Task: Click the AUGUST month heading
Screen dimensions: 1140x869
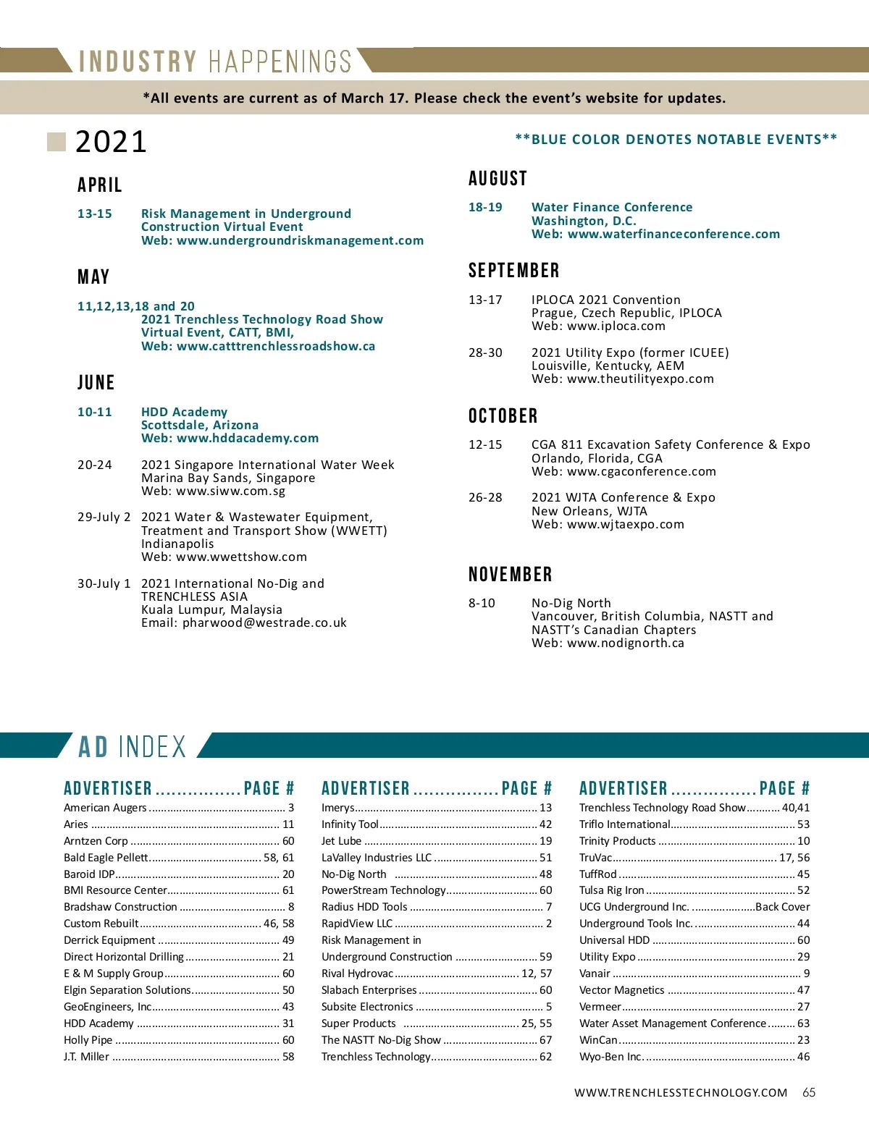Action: [498, 179]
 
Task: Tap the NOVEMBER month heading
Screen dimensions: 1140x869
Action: [510, 575]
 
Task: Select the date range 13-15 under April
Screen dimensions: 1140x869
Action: [95, 214]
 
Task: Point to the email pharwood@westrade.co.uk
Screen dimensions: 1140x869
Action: [264, 622]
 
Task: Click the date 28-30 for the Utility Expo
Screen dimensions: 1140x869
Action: [485, 352]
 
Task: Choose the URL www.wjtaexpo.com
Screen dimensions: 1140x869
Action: [626, 524]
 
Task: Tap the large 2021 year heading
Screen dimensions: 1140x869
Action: [111, 142]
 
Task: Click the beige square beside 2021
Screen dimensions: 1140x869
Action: [56, 142]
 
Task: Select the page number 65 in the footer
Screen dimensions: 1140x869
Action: [809, 1092]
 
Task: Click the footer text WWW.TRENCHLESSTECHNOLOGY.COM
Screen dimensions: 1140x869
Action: [681, 1093]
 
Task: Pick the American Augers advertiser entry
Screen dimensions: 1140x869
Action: [105, 808]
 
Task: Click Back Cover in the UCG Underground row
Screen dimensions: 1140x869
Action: [782, 907]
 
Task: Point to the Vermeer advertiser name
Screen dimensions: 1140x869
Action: [600, 1007]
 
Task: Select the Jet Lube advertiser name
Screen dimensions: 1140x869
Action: [341, 841]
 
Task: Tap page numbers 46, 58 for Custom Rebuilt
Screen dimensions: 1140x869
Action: [279, 924]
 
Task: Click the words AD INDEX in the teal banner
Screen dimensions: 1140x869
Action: [133, 746]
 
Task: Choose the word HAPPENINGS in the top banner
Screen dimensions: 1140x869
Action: [280, 62]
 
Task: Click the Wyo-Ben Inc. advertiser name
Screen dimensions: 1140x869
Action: [610, 1057]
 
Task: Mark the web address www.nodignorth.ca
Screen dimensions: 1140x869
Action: [626, 643]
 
